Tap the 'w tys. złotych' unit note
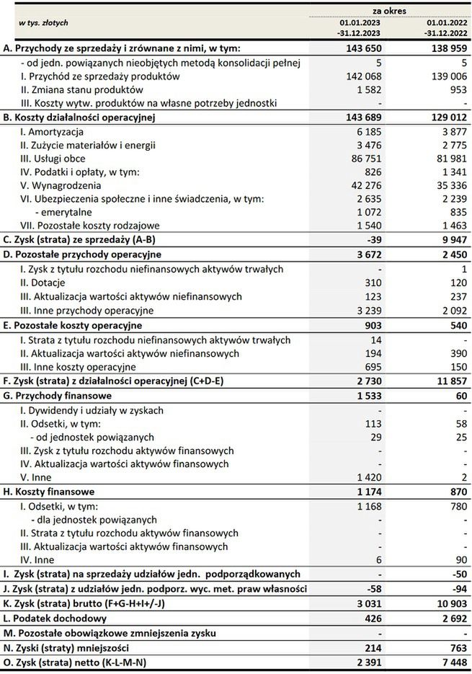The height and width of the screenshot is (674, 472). click(44, 22)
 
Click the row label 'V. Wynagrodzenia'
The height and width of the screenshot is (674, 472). click(60, 187)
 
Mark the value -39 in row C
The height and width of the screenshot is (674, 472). click(372, 240)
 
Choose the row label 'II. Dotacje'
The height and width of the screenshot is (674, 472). click(47, 283)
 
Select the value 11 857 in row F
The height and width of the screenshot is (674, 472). click(448, 381)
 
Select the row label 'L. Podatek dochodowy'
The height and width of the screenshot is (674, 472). click(55, 618)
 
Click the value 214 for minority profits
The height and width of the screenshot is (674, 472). click(372, 646)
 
